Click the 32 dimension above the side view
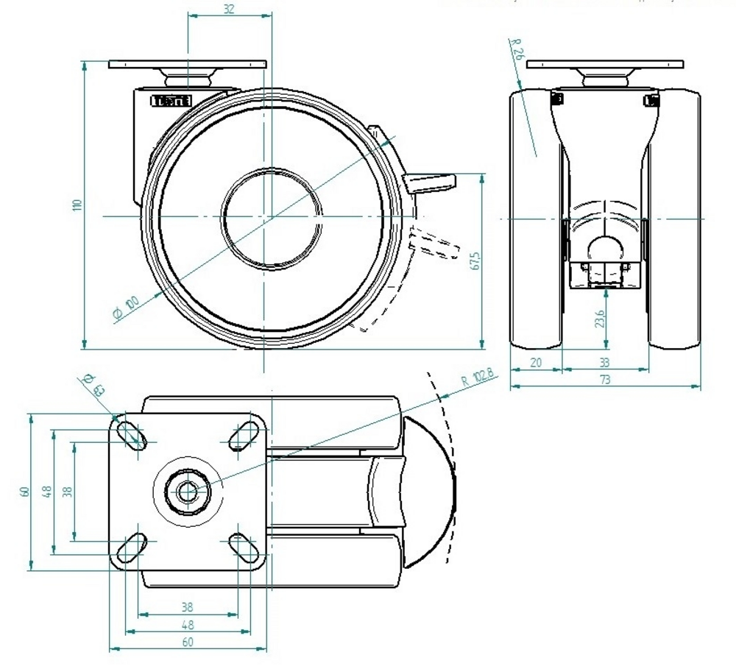(x=229, y=9)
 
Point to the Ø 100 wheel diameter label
(x=127, y=309)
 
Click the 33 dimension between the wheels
(x=604, y=362)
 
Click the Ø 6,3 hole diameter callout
(x=93, y=383)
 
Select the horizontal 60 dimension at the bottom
(x=187, y=642)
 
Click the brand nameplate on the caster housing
(x=171, y=101)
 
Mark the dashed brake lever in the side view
(x=434, y=242)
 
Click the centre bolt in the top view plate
(x=188, y=492)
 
